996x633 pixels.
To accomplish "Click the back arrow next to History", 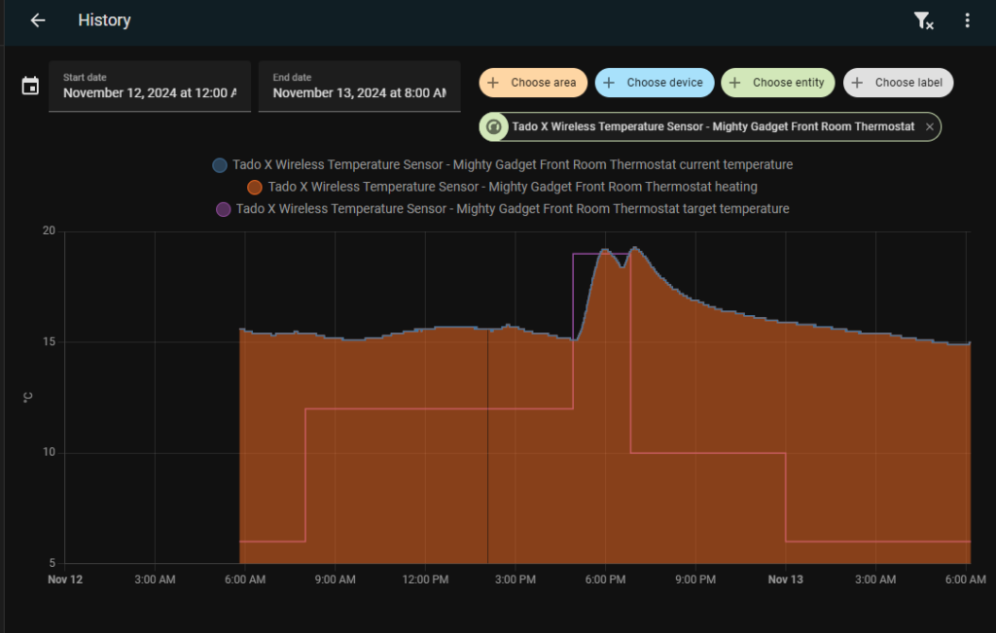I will coord(38,20).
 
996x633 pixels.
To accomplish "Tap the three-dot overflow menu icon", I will coord(967,20).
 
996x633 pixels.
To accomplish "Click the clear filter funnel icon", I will coord(924,20).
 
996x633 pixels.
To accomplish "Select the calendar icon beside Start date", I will coord(30,87).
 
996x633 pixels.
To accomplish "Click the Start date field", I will coord(149,87).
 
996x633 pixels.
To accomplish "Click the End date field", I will coord(359,87).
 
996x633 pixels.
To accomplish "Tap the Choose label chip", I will coord(899,83).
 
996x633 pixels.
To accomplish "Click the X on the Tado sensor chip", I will coord(930,127).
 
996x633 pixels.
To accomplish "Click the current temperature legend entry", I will coord(502,165).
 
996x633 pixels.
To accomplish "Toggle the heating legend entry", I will coord(502,187).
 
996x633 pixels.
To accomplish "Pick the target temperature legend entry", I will coord(502,208).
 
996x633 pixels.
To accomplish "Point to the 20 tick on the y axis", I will coord(48,231).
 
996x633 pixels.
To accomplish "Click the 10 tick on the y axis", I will coord(48,453).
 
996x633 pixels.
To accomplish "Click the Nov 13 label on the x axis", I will coord(785,580).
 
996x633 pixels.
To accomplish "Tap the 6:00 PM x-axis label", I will coord(605,580).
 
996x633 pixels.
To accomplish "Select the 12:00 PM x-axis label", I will coord(425,580).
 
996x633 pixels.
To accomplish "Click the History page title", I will coord(104,20).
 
